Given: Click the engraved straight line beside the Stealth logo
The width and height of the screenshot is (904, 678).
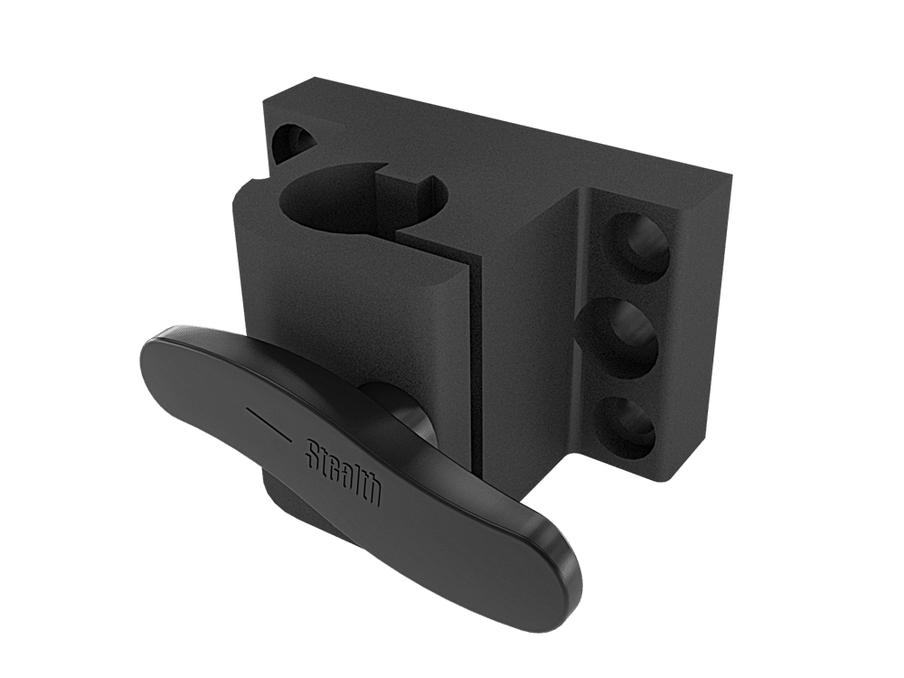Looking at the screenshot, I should (x=268, y=423).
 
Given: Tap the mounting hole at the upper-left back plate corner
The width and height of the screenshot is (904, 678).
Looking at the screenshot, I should (x=294, y=145).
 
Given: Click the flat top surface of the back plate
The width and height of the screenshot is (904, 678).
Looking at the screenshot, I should (x=506, y=145).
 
